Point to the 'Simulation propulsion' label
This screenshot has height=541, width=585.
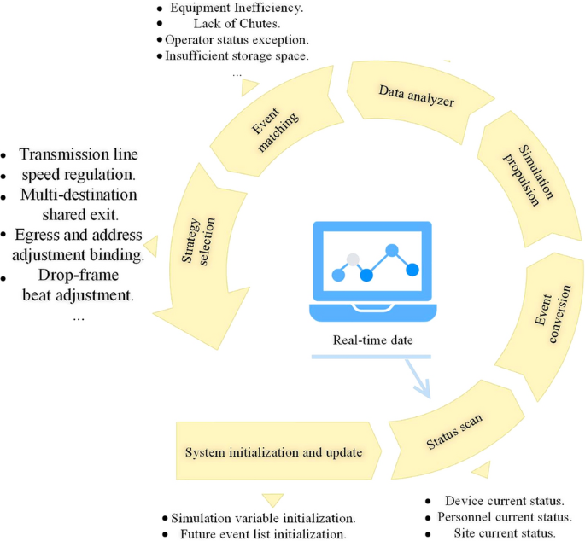pyautogui.click(x=523, y=174)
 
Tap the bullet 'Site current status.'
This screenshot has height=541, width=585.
pyautogui.click(x=504, y=532)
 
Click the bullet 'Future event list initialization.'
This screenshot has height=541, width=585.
pyautogui.click(x=263, y=533)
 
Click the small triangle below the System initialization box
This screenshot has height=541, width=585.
pyautogui.click(x=274, y=500)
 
